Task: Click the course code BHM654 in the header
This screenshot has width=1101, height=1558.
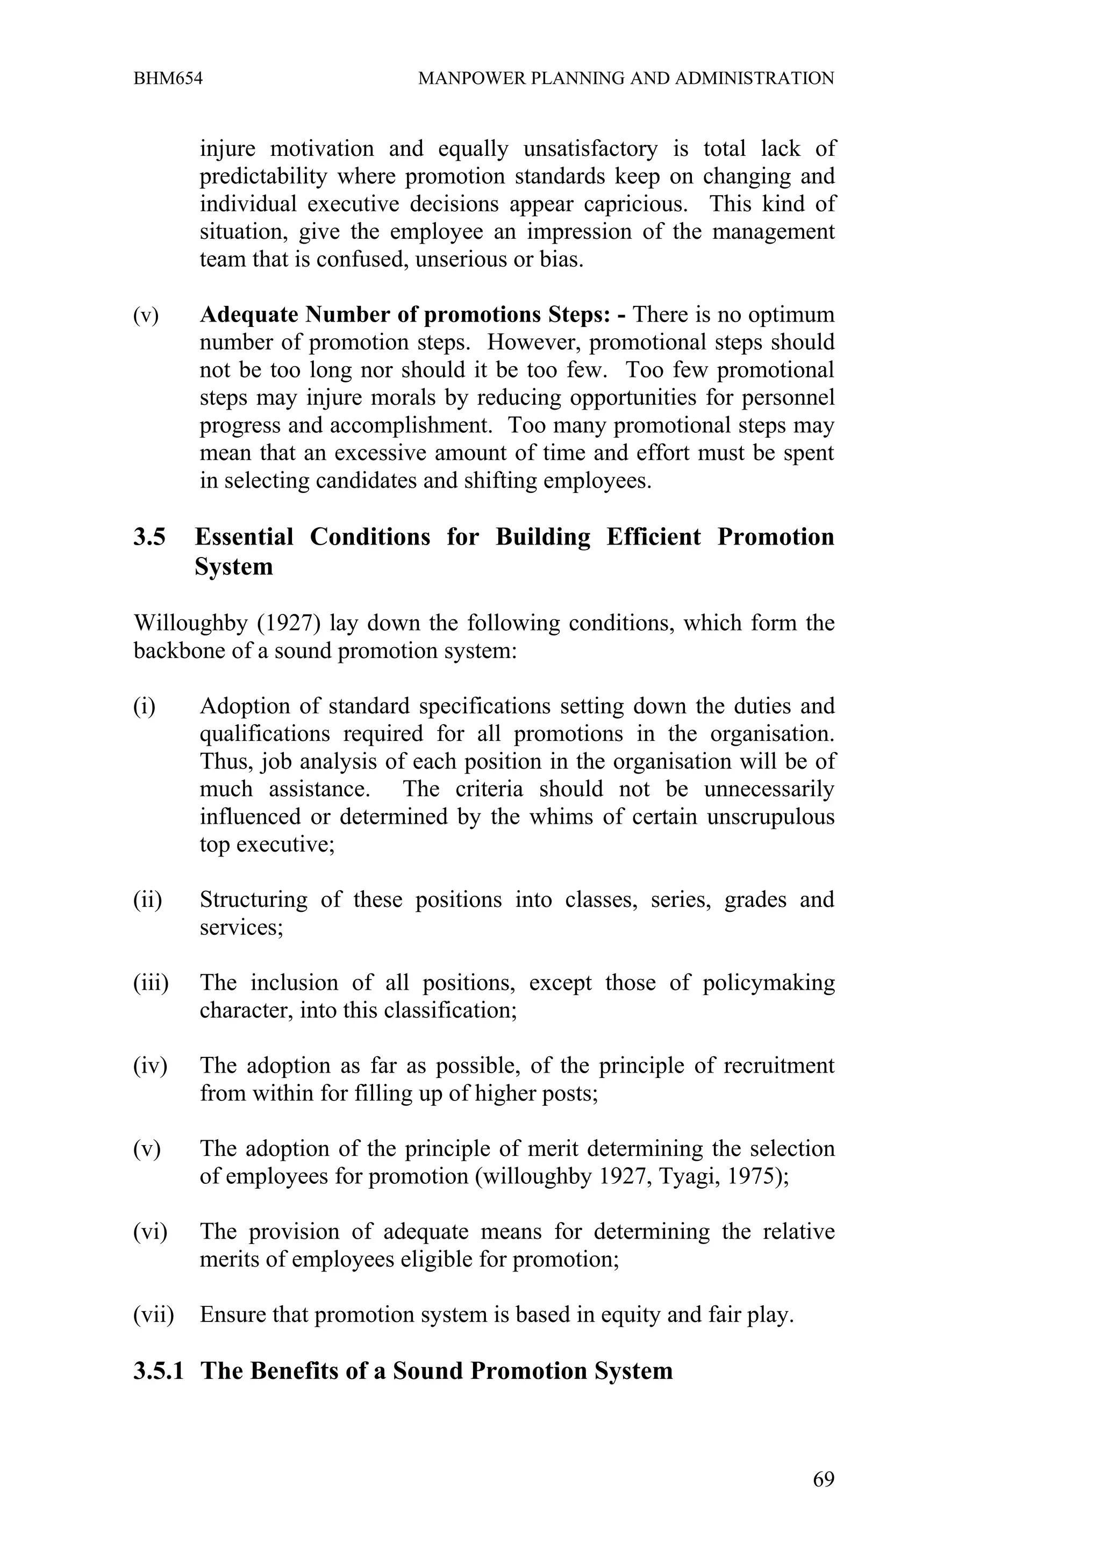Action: [168, 78]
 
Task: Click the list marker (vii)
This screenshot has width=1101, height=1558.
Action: [153, 1315]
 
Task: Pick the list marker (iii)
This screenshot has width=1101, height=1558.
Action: [151, 983]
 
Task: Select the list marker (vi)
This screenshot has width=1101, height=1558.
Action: [151, 1232]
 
